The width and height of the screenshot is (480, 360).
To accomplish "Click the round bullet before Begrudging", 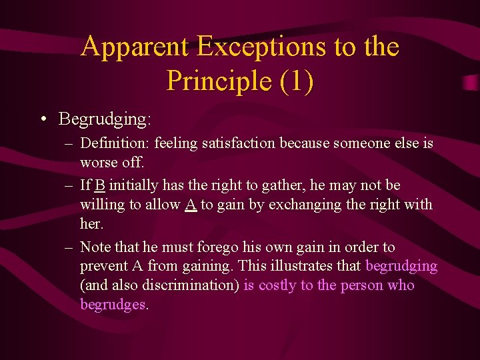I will coord(43,120).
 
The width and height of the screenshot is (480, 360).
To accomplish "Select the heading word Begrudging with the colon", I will coord(105,120).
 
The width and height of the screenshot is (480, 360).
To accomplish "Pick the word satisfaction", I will coord(235,143).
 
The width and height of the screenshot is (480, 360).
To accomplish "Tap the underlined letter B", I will coord(100,185).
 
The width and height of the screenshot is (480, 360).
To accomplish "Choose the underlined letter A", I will coord(191,205).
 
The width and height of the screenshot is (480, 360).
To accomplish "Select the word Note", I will coord(96,247).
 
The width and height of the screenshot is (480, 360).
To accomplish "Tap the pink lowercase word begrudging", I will coord(401,266).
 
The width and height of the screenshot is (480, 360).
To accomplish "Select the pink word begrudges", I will coord(112,305).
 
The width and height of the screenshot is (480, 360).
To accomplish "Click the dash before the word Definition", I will coord(69,143).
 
